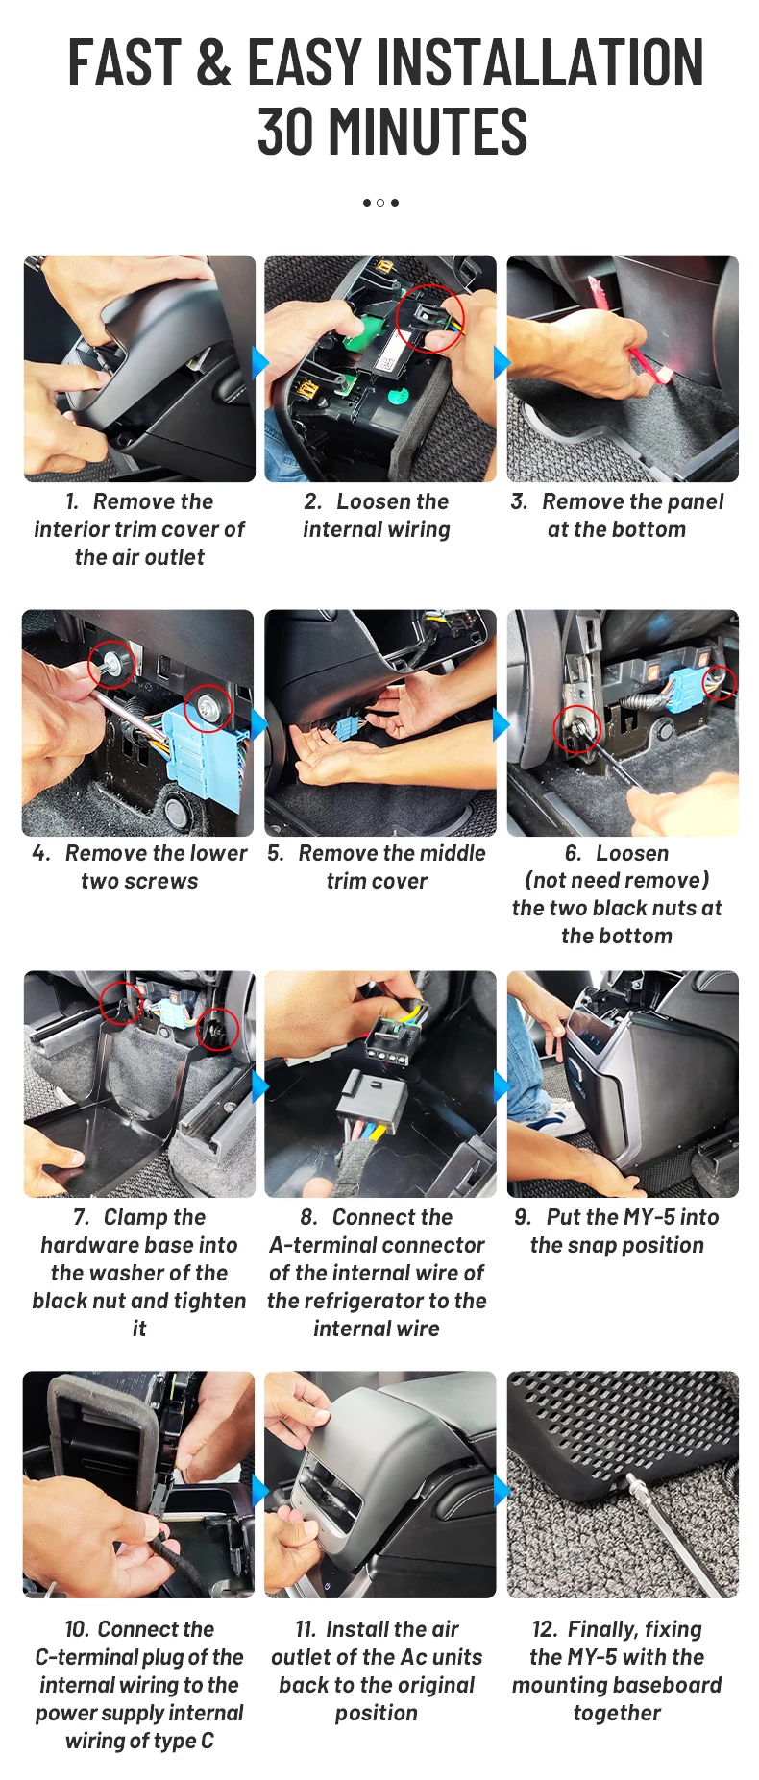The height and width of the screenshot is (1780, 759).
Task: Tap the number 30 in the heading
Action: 287,132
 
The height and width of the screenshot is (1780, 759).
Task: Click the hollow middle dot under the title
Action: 380,203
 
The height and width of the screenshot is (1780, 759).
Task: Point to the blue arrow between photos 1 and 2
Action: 259,363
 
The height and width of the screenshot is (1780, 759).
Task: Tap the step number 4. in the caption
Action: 41,853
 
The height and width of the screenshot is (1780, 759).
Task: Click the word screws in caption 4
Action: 166,882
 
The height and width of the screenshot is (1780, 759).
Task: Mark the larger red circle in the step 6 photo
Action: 576,728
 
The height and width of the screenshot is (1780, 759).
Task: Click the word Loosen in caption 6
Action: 632,853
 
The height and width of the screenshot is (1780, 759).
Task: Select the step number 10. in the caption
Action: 77,1629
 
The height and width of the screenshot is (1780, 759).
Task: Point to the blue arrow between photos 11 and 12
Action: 502,1492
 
